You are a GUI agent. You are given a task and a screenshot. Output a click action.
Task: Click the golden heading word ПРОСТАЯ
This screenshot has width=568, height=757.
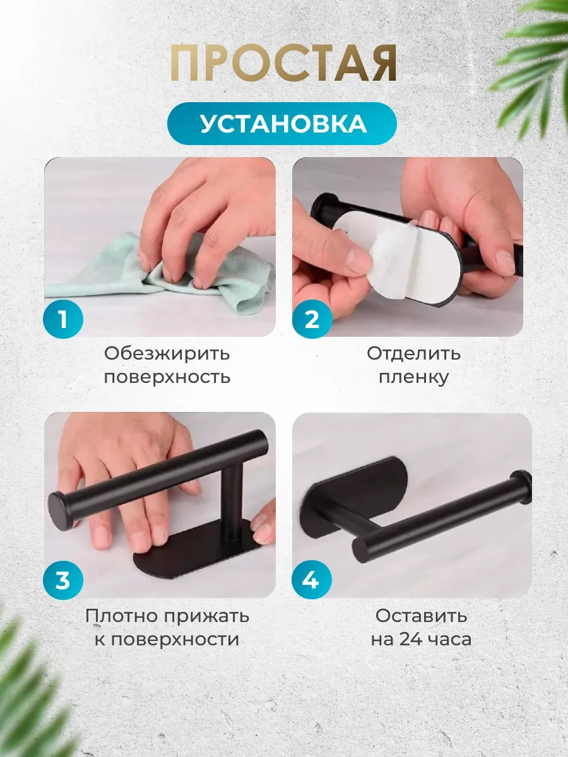pyautogui.click(x=283, y=64)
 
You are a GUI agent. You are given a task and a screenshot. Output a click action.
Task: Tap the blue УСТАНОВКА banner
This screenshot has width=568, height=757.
pyautogui.click(x=282, y=124)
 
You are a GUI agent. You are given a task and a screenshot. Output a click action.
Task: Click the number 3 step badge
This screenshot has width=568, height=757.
pyautogui.click(x=63, y=580)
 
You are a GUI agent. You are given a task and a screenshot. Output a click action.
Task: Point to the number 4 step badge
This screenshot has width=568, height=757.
pyautogui.click(x=312, y=580)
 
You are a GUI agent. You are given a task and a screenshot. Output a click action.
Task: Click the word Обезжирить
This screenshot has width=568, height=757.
pyautogui.click(x=167, y=353)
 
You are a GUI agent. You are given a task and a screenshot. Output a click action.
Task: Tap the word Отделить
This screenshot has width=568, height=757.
pyautogui.click(x=413, y=353)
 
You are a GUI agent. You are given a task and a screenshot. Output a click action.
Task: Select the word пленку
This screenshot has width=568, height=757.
pyautogui.click(x=414, y=377)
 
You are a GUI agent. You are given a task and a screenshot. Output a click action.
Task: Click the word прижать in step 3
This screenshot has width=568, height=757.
pyautogui.click(x=206, y=616)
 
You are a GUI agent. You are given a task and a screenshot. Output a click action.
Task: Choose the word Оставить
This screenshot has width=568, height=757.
pyautogui.click(x=421, y=616)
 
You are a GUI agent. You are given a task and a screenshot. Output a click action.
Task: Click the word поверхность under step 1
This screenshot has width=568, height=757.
pyautogui.click(x=167, y=377)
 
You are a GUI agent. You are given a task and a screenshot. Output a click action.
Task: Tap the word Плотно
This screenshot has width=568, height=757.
pyautogui.click(x=121, y=616)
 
